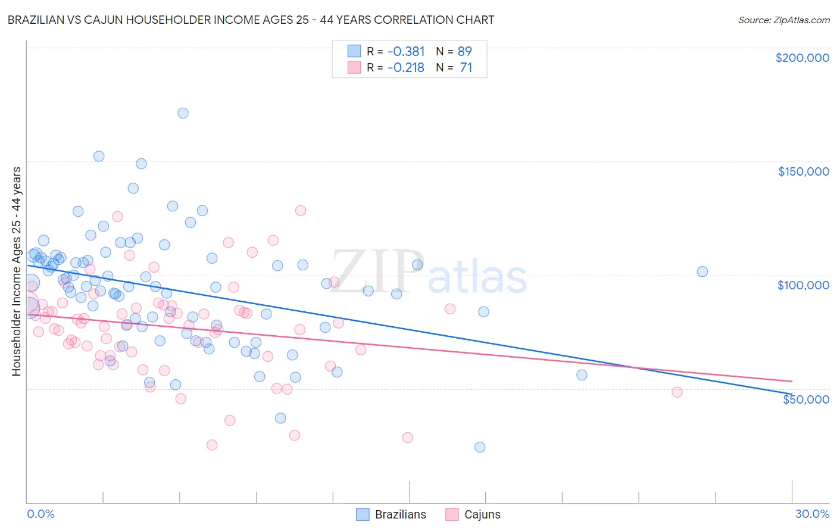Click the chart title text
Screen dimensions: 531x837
coord(250,20)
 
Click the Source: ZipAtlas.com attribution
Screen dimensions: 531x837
coord(783,20)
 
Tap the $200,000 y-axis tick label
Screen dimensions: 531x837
coord(802,58)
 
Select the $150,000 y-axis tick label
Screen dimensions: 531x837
coord(803,171)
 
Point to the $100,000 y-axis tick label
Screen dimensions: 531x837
coord(803,285)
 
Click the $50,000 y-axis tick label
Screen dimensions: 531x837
coord(805,399)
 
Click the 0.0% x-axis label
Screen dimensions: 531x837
coord(40,514)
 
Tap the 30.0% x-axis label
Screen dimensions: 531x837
coord(812,514)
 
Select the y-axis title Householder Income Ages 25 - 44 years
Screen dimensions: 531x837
coord(16,271)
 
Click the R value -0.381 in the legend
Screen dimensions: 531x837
coord(406,51)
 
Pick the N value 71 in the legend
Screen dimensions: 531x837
coord(466,68)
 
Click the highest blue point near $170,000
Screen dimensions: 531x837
coord(183,113)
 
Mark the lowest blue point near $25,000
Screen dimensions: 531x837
coord(480,447)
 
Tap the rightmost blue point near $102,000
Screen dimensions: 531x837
coord(702,271)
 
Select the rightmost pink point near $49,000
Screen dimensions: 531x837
coord(677,392)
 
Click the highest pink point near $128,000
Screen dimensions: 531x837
coord(301,211)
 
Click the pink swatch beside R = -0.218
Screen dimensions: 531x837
coord(354,68)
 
